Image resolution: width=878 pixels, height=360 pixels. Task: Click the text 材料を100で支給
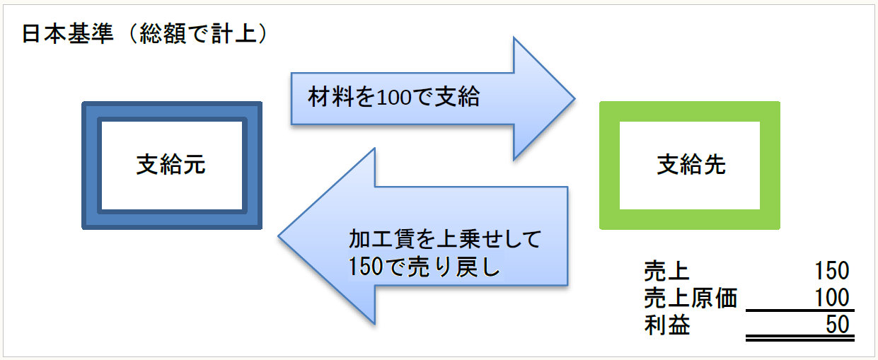394,97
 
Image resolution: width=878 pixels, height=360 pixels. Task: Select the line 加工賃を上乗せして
444,239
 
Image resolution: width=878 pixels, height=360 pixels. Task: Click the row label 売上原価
690,298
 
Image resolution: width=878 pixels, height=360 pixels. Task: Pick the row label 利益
666,325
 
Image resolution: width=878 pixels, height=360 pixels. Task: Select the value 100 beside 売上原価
831,298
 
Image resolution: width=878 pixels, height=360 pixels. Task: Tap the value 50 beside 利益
837,325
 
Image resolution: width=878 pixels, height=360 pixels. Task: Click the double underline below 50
799,339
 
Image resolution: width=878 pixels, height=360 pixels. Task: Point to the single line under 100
799,310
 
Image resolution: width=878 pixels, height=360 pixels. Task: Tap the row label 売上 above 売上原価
666,271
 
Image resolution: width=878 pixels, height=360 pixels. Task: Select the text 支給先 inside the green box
691,166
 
